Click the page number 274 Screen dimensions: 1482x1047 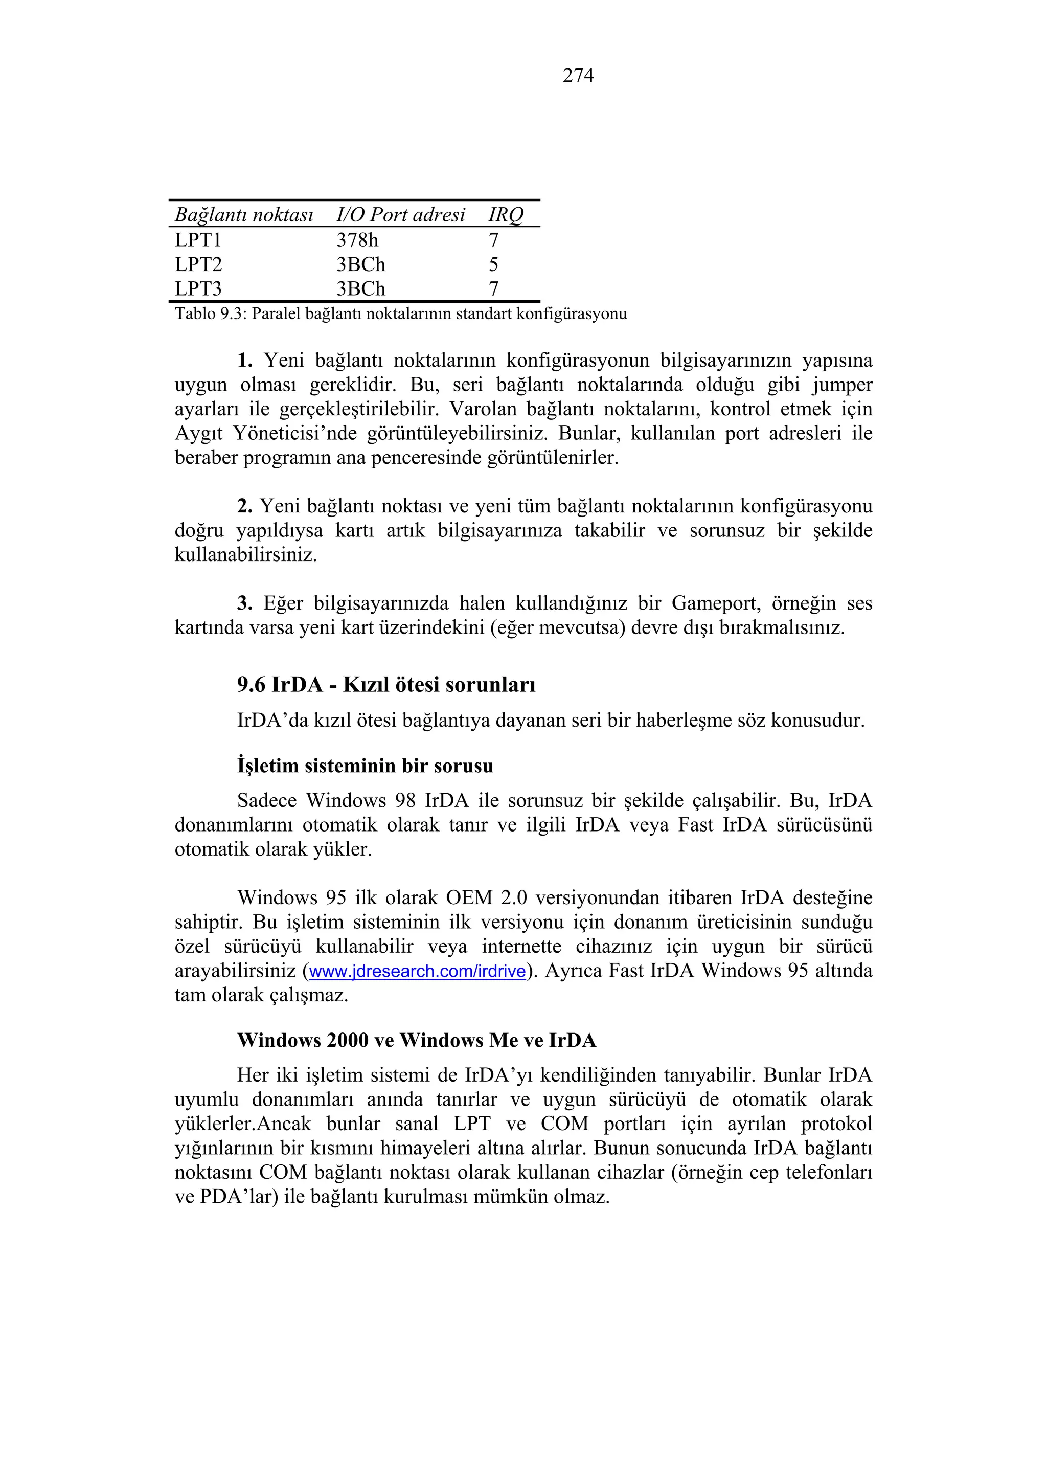(578, 76)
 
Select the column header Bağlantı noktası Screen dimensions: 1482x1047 (244, 215)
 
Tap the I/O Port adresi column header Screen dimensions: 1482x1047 (400, 215)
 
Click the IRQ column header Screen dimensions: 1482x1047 (505, 215)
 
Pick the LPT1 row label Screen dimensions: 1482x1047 (198, 240)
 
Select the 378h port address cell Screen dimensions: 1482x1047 (357, 240)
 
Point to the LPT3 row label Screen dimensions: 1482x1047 (198, 288)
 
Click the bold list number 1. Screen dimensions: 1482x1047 (244, 360)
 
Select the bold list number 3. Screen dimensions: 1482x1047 (244, 603)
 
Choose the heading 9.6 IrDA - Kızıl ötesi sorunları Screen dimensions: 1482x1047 (386, 685)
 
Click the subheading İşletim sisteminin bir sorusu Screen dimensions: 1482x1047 (365, 766)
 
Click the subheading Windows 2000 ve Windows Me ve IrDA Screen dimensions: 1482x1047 (417, 1041)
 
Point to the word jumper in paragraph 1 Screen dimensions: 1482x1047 (842, 385)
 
